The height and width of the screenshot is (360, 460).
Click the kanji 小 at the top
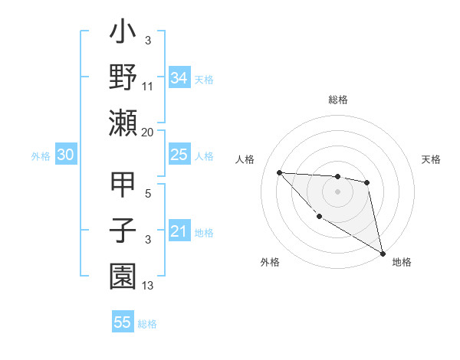[123, 34]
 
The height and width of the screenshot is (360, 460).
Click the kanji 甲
[123, 185]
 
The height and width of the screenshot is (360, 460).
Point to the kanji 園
[123, 273]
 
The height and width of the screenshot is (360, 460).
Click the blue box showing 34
[179, 77]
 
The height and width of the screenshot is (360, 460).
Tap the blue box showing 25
[179, 155]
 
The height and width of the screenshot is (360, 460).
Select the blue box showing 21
[179, 231]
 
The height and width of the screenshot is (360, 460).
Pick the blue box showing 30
[66, 155]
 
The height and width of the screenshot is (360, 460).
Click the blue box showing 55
[123, 322]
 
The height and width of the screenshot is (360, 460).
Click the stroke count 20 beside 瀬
[147, 133]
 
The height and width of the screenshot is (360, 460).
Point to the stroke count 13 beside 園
[147, 286]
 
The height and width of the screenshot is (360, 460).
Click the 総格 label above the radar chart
[338, 100]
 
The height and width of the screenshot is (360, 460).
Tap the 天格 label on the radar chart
[431, 159]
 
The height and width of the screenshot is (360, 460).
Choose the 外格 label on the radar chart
[270, 262]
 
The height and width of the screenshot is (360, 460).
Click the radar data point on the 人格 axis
[280, 172]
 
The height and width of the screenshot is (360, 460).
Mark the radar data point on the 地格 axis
[383, 254]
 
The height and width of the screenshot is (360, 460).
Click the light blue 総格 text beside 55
[147, 324]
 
